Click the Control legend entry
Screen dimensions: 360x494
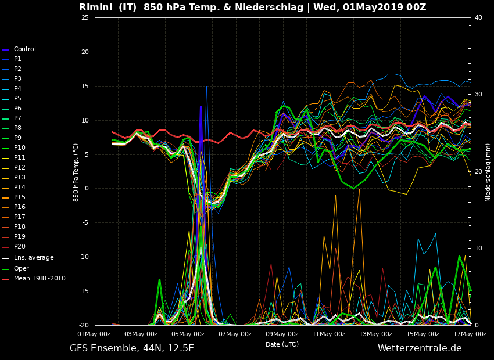(24, 49)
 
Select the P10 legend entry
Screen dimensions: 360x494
(19, 148)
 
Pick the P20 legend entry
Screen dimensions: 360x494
(19, 247)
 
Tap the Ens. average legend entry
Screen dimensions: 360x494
(33, 258)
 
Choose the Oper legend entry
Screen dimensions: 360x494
(21, 269)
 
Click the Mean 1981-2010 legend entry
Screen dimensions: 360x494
(40, 279)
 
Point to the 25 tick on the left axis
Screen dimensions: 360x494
(85, 17)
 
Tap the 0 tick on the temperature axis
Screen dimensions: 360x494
(87, 189)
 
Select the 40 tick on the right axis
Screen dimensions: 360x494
(478, 17)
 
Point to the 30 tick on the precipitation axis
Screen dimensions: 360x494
(478, 95)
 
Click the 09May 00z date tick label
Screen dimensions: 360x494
(282, 334)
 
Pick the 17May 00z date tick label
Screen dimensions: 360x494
(470, 334)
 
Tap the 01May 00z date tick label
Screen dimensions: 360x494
(94, 334)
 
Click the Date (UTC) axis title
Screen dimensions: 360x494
(282, 344)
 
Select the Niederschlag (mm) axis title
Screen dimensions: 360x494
(488, 172)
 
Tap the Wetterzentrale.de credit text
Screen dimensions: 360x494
(420, 348)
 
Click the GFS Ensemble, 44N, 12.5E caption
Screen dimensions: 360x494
(132, 348)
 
